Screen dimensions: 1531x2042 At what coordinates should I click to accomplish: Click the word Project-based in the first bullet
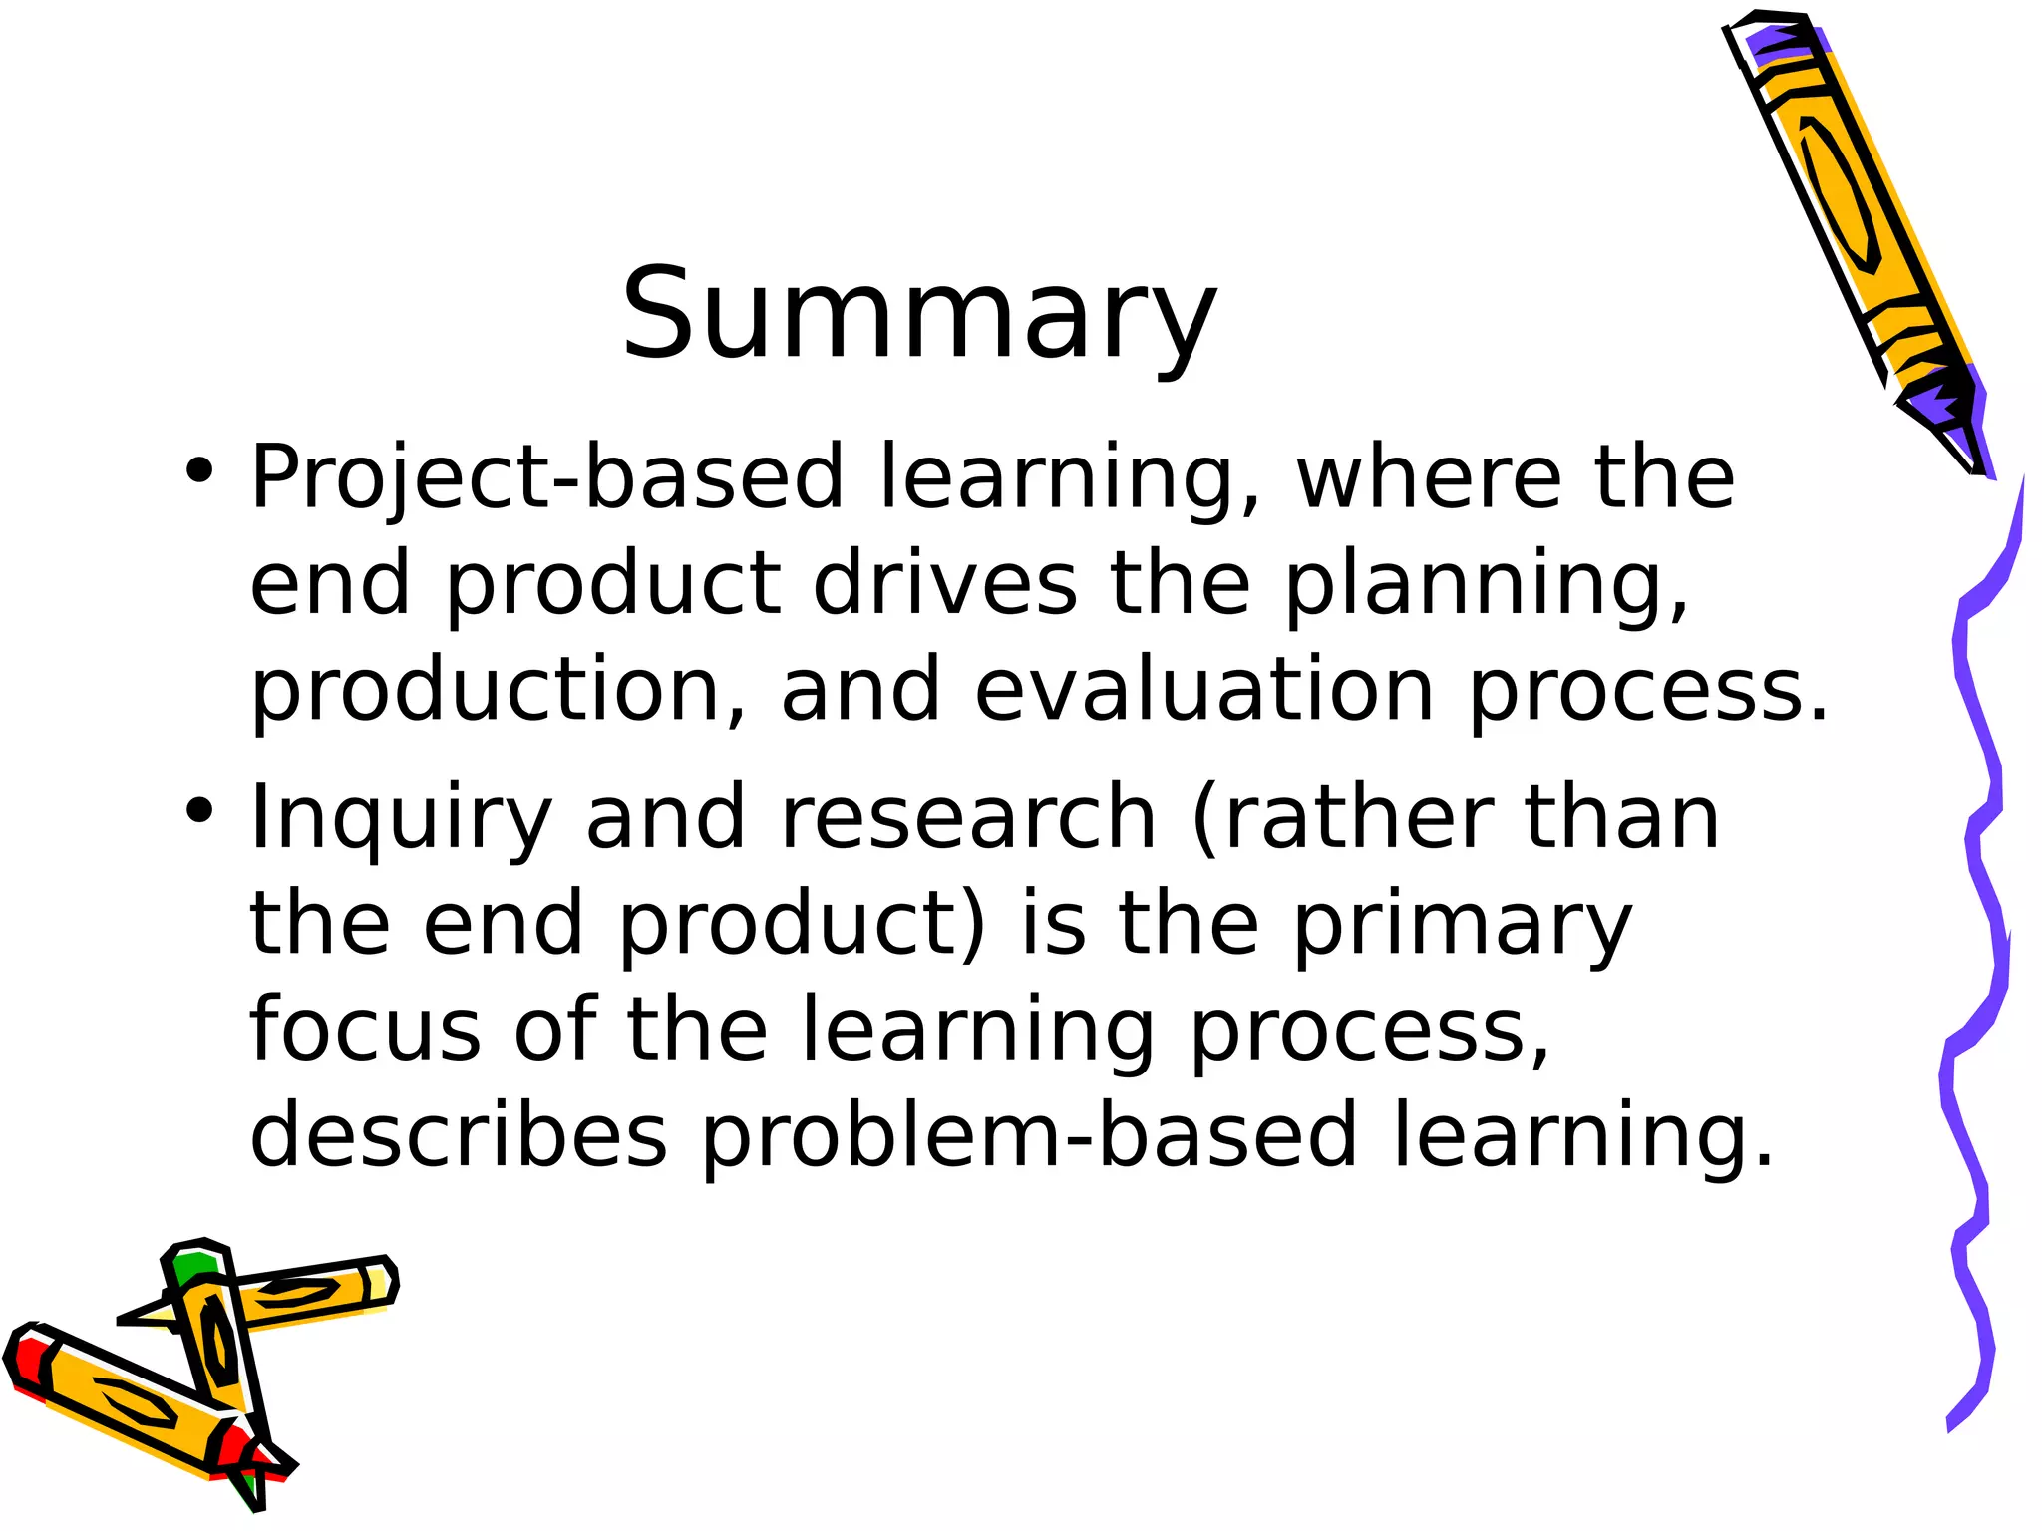click(x=546, y=478)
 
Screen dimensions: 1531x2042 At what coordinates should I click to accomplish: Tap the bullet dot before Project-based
click(x=199, y=470)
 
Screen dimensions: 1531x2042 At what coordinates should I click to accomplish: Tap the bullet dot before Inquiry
click(x=199, y=810)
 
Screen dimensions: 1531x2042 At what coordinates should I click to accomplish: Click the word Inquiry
click(x=400, y=820)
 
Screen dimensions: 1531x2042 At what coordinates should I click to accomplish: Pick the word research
click(x=967, y=818)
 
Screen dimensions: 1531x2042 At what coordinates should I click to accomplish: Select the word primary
click(x=1463, y=927)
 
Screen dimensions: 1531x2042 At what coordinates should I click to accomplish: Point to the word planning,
click(x=1486, y=586)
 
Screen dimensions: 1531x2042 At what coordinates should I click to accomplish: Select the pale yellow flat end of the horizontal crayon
click(x=379, y=1283)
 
